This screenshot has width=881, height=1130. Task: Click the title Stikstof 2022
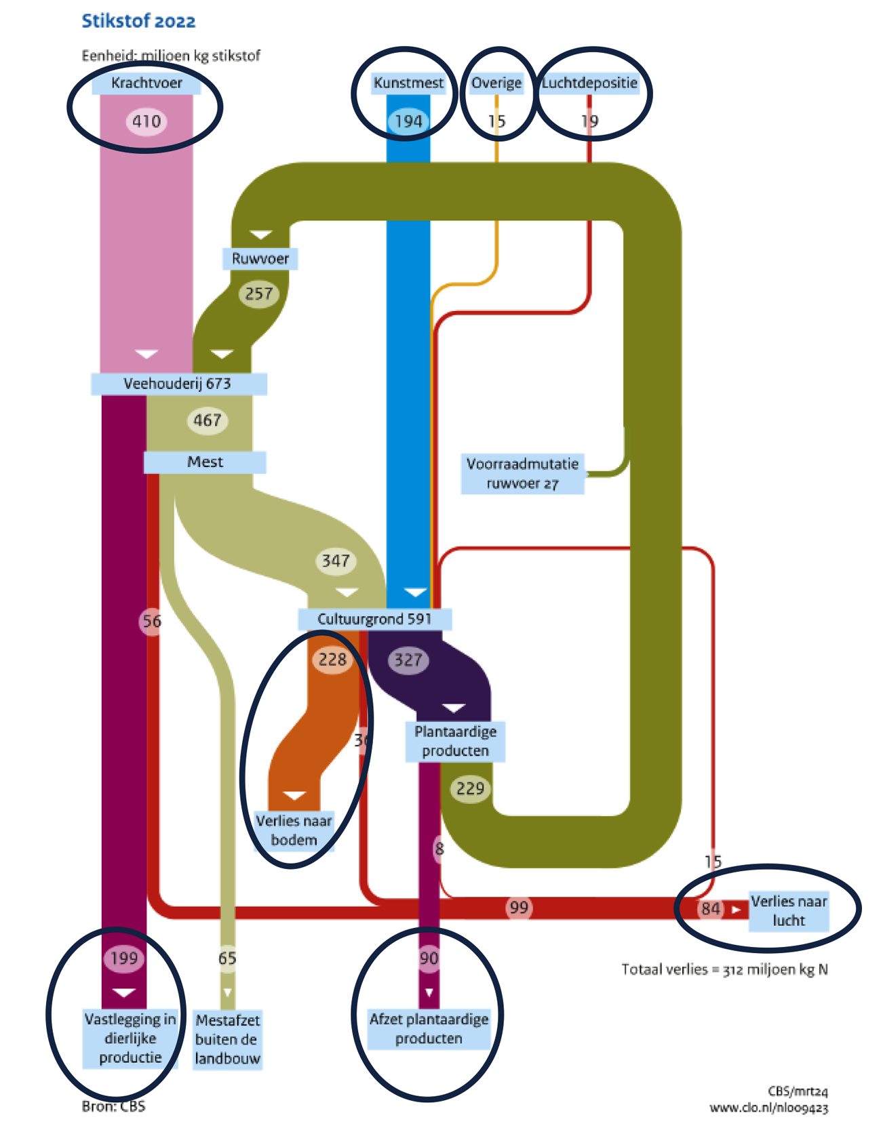(138, 22)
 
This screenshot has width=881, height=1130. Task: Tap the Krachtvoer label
(146, 83)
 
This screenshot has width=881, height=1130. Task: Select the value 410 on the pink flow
(146, 121)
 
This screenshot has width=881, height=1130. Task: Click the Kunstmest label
(408, 83)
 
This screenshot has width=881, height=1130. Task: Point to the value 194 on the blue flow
(408, 121)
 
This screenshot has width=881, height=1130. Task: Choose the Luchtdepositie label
(589, 83)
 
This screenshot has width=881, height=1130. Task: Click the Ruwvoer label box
(260, 259)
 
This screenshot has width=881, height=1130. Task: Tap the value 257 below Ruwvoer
(259, 294)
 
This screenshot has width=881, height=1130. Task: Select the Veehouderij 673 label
(178, 384)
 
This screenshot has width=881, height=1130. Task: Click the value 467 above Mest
(207, 420)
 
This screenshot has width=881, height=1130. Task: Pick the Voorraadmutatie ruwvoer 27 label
(522, 473)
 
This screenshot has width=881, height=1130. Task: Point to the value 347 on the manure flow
(336, 561)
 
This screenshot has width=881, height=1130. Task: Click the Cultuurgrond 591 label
(374, 619)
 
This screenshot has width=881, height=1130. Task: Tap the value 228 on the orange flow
(332, 660)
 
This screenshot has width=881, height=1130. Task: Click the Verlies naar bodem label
(294, 830)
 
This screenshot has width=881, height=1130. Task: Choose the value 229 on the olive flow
(470, 788)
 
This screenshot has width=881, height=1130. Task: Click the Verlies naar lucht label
(789, 911)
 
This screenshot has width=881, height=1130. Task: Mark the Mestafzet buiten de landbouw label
(228, 1039)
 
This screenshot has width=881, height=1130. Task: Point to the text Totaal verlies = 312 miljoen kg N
(724, 969)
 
